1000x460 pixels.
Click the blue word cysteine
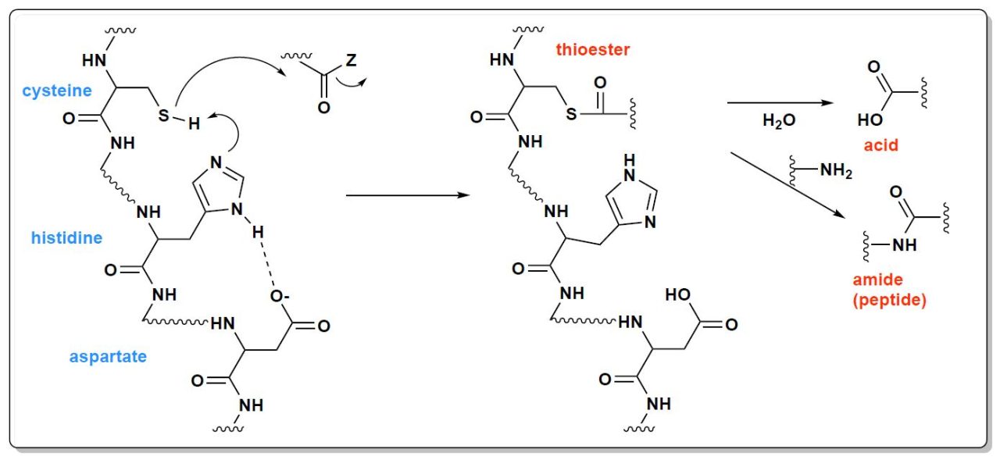pyautogui.click(x=57, y=91)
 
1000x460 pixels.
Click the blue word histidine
pyautogui.click(x=66, y=237)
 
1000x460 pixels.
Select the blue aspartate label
pyautogui.click(x=108, y=356)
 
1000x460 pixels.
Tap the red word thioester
pyautogui.click(x=593, y=49)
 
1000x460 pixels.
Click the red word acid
pyautogui.click(x=880, y=145)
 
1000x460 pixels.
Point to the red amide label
pyautogui.click(x=877, y=280)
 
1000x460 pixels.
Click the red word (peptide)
pyautogui.click(x=890, y=300)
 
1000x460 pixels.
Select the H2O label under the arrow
pyautogui.click(x=779, y=120)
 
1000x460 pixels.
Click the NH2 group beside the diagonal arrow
pyautogui.click(x=836, y=170)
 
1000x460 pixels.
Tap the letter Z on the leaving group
pyautogui.click(x=352, y=60)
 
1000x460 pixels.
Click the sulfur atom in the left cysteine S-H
pyautogui.click(x=164, y=115)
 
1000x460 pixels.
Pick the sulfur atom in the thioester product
pyautogui.click(x=571, y=114)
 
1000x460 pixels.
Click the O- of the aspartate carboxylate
pyautogui.click(x=280, y=296)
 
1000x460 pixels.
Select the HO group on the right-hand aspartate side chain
pyautogui.click(x=677, y=294)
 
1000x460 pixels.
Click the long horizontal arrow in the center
pyautogui.click(x=408, y=195)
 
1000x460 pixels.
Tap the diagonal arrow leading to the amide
pyautogui.click(x=788, y=186)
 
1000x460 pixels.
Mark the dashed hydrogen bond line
pyautogui.click(x=267, y=265)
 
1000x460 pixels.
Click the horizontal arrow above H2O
pyautogui.click(x=780, y=103)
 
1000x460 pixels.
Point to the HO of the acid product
pyautogui.click(x=870, y=119)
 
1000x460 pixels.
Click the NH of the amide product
pyautogui.click(x=905, y=245)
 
